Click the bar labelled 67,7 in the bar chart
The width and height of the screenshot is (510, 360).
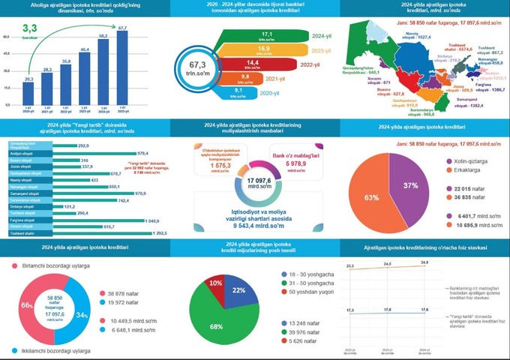123,67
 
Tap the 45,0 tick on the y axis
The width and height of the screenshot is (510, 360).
7,53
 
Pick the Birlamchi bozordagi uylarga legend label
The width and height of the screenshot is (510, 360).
53,265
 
